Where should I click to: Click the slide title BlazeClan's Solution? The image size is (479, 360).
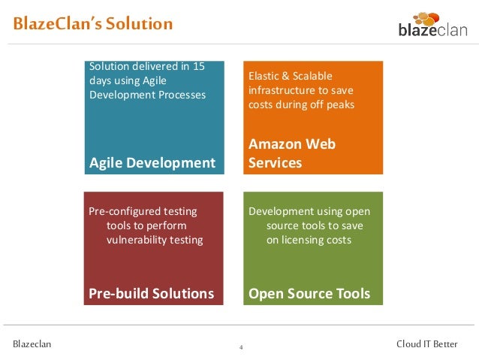pos(92,24)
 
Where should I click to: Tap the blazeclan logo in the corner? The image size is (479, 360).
pos(432,29)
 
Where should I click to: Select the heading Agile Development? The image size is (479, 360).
pos(152,162)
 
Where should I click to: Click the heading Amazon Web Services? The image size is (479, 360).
pos(292,153)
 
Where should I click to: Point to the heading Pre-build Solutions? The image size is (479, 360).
pos(152,293)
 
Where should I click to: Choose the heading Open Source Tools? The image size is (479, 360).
pos(309,293)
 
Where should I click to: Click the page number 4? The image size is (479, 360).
pos(240,347)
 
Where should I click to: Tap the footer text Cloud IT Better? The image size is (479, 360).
pos(426,344)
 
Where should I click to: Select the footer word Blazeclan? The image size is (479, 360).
pos(32,344)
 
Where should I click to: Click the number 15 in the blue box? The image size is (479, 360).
pos(198,66)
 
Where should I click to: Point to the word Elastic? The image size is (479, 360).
pos(264,76)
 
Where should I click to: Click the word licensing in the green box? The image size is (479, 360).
pos(305,240)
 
